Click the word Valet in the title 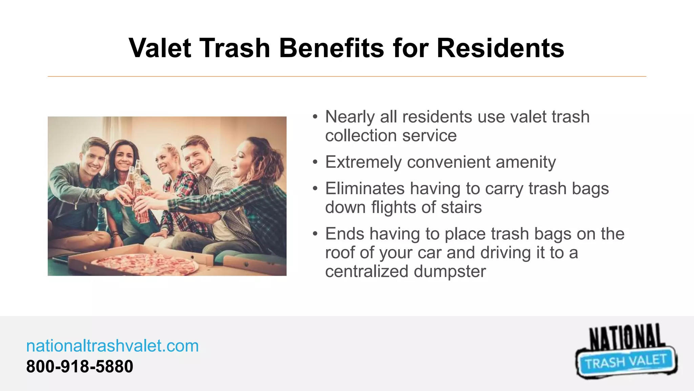tap(160, 48)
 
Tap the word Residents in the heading tap(500, 48)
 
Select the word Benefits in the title tap(331, 48)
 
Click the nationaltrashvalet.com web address tap(113, 346)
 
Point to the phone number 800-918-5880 tap(80, 367)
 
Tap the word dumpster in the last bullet tap(450, 272)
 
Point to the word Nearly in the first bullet tap(350, 117)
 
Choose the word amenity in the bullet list tap(526, 162)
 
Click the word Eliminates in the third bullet tap(365, 189)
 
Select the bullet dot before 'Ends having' tap(315, 234)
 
